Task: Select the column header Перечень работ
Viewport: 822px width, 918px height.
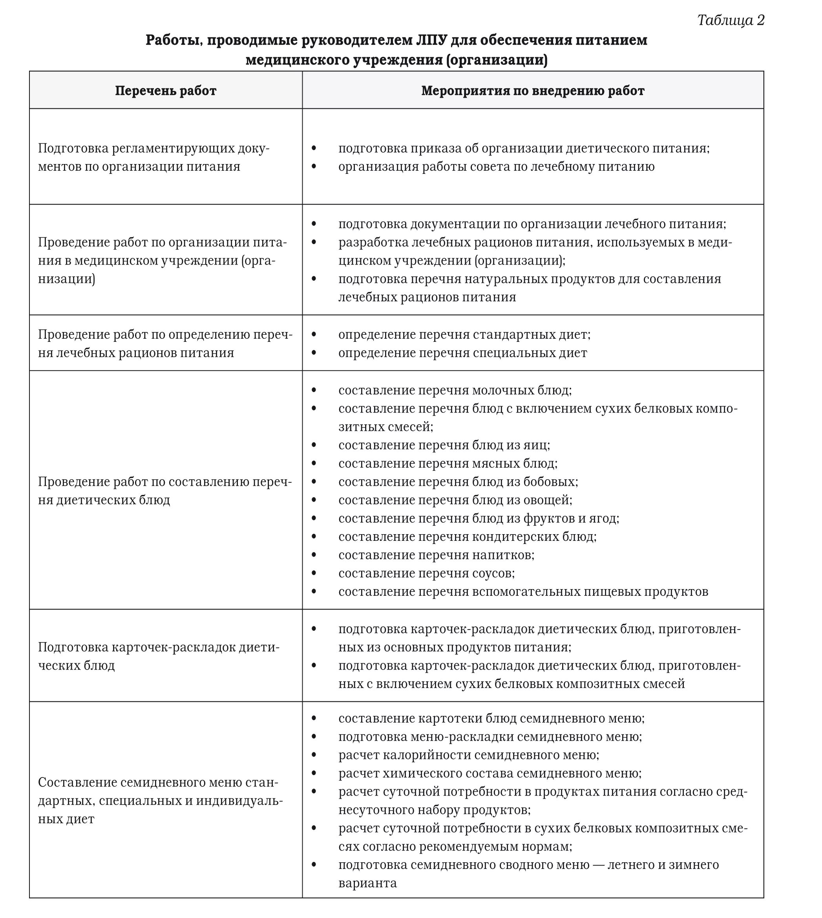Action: click(165, 91)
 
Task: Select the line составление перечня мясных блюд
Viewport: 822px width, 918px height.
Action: click(448, 463)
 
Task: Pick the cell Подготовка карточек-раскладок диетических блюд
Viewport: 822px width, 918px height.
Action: click(158, 656)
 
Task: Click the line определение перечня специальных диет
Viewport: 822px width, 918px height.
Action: click(462, 353)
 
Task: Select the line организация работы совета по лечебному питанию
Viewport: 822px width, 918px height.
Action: click(496, 167)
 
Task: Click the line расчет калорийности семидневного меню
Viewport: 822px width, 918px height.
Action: click(468, 755)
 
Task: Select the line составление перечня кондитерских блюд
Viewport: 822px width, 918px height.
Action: click(467, 537)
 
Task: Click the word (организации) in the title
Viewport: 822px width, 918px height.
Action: click(496, 60)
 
